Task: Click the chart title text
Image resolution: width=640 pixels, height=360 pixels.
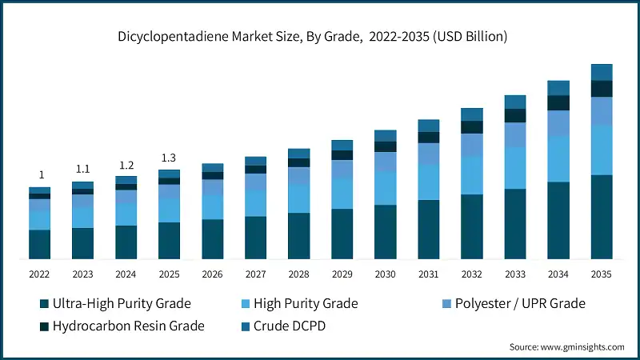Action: [x=320, y=37]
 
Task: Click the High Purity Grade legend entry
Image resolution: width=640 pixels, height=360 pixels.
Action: [x=305, y=304]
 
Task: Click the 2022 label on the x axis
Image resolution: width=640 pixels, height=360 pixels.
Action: [x=40, y=274]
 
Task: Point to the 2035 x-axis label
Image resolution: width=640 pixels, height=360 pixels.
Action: [x=601, y=274]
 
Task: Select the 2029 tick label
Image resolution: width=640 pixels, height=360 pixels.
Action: [x=342, y=274]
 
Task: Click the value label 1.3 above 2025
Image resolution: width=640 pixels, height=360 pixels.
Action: [x=169, y=158]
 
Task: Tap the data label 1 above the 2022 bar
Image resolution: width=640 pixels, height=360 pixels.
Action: [x=41, y=175]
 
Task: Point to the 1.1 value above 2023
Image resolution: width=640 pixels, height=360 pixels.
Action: [x=82, y=170]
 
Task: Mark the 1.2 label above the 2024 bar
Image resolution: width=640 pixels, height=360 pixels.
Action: [x=126, y=165]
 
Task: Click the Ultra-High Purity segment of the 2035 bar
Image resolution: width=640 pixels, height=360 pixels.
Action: [x=602, y=217]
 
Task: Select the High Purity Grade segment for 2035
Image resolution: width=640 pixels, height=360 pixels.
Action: [x=602, y=150]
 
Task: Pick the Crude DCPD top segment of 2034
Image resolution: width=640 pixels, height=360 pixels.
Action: [x=558, y=87]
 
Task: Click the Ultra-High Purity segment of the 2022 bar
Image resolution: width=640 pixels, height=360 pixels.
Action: [x=40, y=244]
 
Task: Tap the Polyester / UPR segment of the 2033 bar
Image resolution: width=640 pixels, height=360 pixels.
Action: [x=515, y=134]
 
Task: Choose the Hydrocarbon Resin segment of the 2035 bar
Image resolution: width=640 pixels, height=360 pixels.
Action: [x=602, y=89]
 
